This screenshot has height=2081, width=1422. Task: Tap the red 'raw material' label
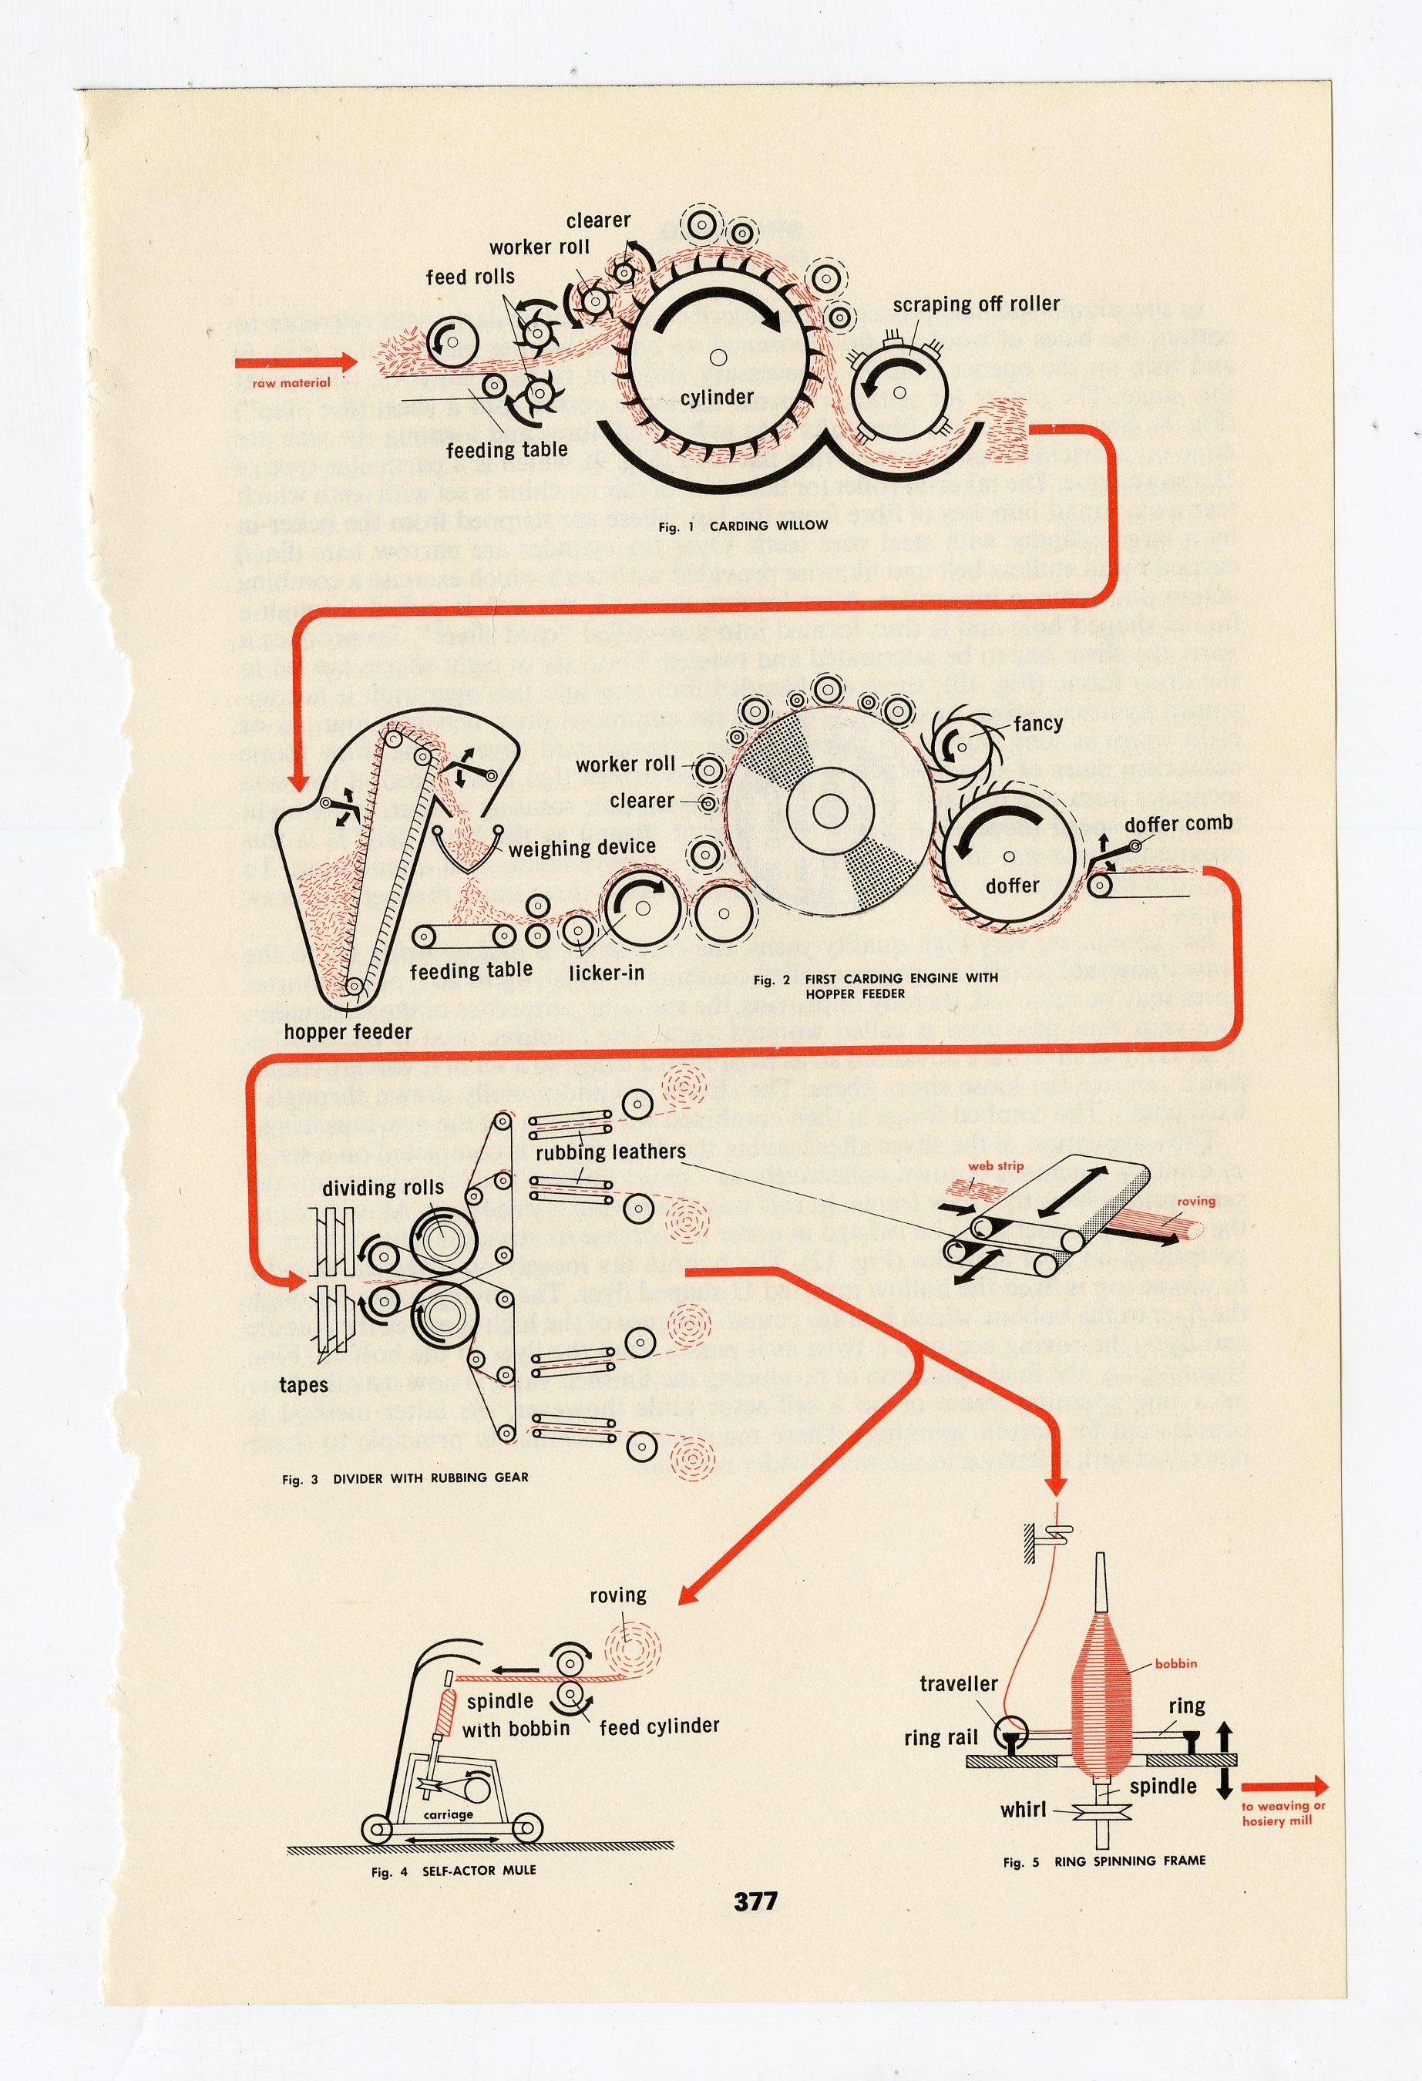(x=291, y=383)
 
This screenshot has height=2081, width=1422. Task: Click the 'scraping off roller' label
(x=975, y=304)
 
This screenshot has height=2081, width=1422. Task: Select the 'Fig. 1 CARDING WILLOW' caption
(x=743, y=526)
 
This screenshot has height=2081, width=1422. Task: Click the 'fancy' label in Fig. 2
(x=1038, y=723)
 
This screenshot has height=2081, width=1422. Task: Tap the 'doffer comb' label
(x=1178, y=823)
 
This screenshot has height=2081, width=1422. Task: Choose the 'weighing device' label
(x=582, y=847)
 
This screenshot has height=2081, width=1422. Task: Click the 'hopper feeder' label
(x=348, y=1031)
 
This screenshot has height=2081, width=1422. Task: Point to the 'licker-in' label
(x=607, y=972)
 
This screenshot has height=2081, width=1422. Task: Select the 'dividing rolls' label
(x=383, y=1188)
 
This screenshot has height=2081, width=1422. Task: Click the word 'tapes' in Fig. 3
(x=304, y=1385)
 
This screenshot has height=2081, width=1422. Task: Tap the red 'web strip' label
(x=995, y=1166)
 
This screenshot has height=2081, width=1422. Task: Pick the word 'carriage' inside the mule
(x=448, y=1814)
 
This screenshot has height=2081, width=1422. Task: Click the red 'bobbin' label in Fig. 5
(x=1175, y=1662)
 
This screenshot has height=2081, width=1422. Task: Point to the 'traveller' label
(x=958, y=1683)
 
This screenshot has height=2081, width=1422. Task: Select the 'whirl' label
(x=1023, y=1810)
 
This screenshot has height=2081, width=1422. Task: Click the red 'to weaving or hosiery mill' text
(x=1282, y=1814)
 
